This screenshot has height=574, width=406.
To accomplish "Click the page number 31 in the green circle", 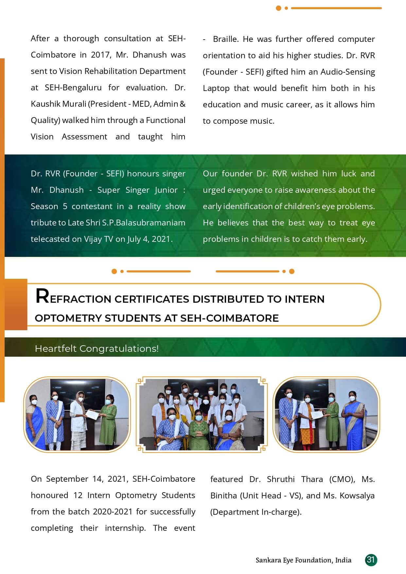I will click(x=371, y=560).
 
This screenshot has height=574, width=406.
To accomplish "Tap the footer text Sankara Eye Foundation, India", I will click(x=303, y=560).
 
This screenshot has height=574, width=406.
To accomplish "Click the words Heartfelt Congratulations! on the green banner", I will click(x=97, y=349).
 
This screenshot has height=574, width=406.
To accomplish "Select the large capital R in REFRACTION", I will click(x=42, y=296).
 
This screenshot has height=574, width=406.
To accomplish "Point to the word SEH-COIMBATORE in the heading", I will click(x=229, y=318).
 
